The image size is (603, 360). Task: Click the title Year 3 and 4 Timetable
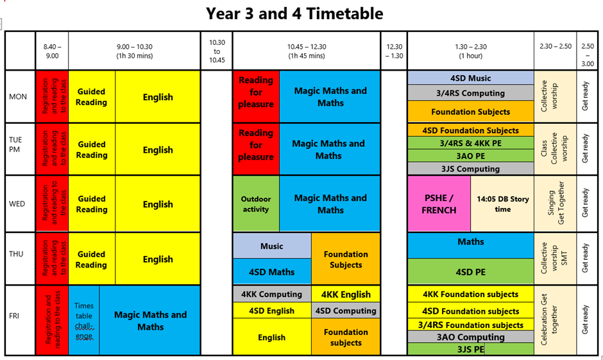pyautogui.click(x=294, y=13)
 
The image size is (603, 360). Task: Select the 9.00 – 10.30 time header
pyautogui.click(x=135, y=51)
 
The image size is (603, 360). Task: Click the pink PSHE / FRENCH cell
pyautogui.click(x=439, y=204)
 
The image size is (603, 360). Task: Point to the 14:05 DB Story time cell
pyautogui.click(x=502, y=204)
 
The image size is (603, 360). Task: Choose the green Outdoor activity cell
pyautogui.click(x=256, y=204)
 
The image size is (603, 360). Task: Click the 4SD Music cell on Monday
pyautogui.click(x=471, y=78)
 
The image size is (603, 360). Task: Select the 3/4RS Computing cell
pyautogui.click(x=471, y=92)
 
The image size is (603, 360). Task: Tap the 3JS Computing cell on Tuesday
pyautogui.click(x=471, y=169)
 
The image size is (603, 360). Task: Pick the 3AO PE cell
pyautogui.click(x=471, y=156)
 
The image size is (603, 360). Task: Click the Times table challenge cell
pyautogui.click(x=84, y=320)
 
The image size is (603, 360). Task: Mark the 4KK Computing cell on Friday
pyautogui.click(x=272, y=295)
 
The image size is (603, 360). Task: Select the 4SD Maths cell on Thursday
pyautogui.click(x=272, y=271)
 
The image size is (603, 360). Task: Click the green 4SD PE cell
pyautogui.click(x=471, y=271)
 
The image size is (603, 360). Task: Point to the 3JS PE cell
pyautogui.click(x=471, y=349)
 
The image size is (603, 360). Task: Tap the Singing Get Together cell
pyautogui.click(x=555, y=204)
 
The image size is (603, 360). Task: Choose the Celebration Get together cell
pyautogui.click(x=555, y=320)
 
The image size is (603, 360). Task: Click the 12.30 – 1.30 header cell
pyautogui.click(x=394, y=51)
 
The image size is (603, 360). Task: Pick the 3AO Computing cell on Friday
pyautogui.click(x=471, y=337)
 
